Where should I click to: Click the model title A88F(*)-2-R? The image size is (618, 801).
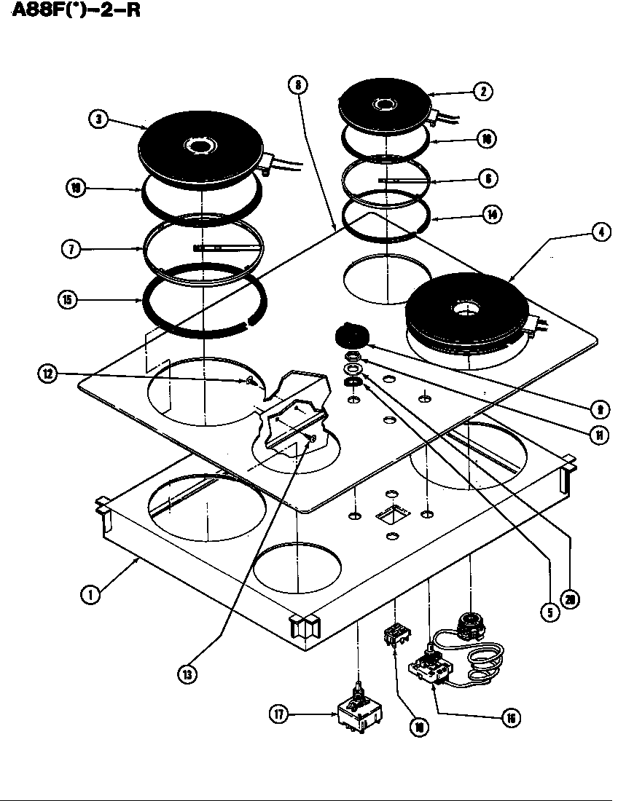(74, 14)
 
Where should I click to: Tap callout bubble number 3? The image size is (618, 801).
(99, 119)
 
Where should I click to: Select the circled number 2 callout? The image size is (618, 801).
(482, 91)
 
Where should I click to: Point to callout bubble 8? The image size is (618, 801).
(297, 85)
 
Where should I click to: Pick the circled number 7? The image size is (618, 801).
(71, 249)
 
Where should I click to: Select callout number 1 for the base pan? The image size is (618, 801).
(90, 595)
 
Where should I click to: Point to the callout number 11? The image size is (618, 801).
(598, 435)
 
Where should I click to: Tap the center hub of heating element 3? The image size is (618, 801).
(197, 147)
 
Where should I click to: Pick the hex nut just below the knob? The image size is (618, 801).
(352, 357)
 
